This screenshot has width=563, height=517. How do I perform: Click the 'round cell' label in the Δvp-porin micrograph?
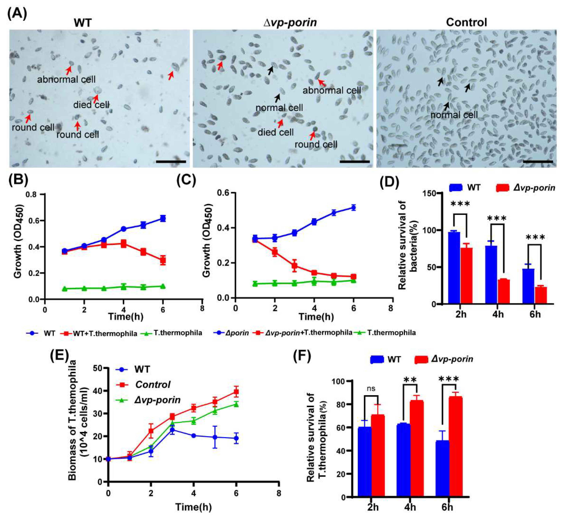tap(316, 144)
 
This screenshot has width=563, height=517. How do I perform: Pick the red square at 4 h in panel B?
tap(123, 243)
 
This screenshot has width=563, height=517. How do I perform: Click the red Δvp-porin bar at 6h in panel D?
tap(541, 295)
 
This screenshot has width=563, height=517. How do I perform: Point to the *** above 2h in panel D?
tap(460, 204)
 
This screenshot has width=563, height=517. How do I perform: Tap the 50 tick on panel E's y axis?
tap(97, 368)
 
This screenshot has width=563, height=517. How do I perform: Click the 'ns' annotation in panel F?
tap(371, 389)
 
